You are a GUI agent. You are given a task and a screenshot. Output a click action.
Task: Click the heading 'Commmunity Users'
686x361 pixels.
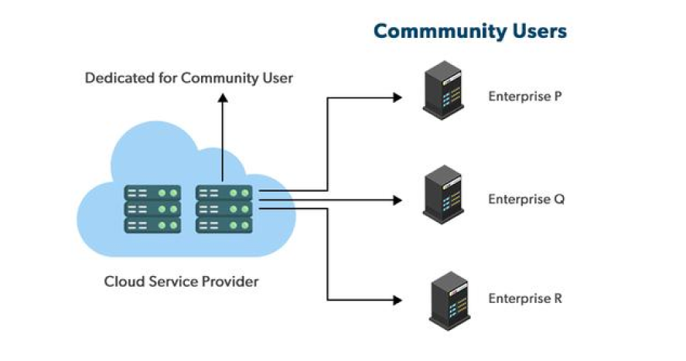[x=469, y=32]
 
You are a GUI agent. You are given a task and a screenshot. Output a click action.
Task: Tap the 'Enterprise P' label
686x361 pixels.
[x=524, y=97]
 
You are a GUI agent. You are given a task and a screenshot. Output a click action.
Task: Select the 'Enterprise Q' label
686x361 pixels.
[x=526, y=199]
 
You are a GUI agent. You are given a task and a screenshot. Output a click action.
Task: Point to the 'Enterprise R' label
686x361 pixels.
[x=524, y=298]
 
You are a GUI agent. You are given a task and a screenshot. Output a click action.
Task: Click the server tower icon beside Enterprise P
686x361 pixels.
[x=443, y=94]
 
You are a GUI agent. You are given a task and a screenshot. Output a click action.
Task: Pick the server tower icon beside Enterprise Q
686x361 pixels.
[x=443, y=197]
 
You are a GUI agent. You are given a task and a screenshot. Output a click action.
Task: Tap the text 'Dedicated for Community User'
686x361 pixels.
[x=189, y=78]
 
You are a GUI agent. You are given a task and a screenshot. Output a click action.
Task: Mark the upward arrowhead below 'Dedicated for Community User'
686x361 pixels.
[x=223, y=97]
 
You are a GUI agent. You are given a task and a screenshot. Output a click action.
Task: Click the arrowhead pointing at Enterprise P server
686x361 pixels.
[x=398, y=97]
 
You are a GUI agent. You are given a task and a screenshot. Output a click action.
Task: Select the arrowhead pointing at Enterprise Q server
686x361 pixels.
[x=398, y=200]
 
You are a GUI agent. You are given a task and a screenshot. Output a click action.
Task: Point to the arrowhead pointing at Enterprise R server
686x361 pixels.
[x=398, y=299]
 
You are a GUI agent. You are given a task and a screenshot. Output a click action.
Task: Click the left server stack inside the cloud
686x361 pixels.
[x=152, y=209]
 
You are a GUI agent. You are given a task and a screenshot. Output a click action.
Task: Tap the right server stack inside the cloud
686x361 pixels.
[x=224, y=209]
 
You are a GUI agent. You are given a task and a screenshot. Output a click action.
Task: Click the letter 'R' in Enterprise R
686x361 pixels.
[x=558, y=298]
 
